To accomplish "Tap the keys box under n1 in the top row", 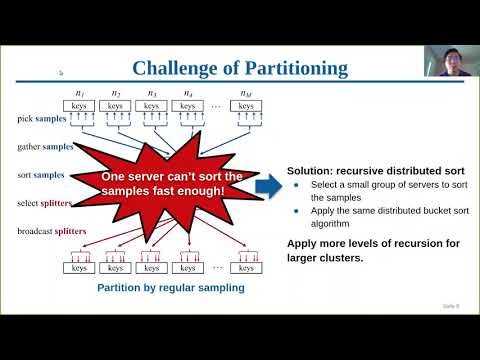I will (81, 104).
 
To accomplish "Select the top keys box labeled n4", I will (189, 104).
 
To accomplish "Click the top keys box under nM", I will (246, 104).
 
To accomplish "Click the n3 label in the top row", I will (151, 93).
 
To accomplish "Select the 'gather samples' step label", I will (43, 146).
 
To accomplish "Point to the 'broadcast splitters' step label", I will (51, 231).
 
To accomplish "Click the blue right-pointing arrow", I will (268, 185).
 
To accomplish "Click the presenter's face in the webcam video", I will (445, 57).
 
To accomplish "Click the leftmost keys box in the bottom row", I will (81, 267).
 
